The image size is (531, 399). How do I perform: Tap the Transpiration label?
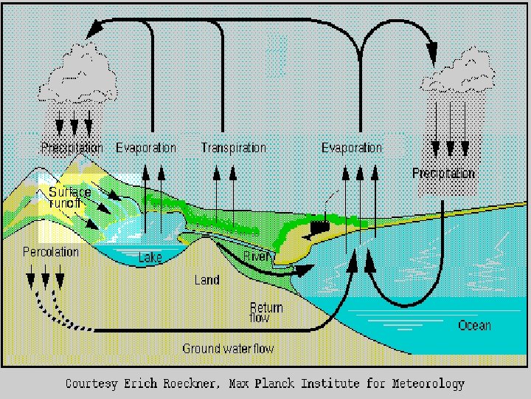pyautogui.click(x=234, y=148)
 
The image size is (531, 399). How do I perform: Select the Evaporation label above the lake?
pyautogui.click(x=146, y=148)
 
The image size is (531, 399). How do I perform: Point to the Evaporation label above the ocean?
pyautogui.click(x=352, y=148)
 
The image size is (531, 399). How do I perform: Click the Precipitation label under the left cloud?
pyautogui.click(x=72, y=148)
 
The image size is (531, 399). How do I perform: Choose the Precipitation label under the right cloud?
pyautogui.click(x=443, y=174)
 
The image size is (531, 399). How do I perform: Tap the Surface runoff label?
pyautogui.click(x=70, y=197)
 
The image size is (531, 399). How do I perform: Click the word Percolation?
pyautogui.click(x=51, y=252)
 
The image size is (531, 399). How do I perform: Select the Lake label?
pyautogui.click(x=150, y=258)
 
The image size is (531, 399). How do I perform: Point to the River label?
pyautogui.click(x=256, y=256)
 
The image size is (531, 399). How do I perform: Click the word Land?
pyautogui.click(x=206, y=280)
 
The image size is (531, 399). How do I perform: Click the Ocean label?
pyautogui.click(x=474, y=325)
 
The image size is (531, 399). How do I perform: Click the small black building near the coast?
pyautogui.click(x=319, y=225)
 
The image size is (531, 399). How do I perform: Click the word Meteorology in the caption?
pyautogui.click(x=431, y=383)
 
